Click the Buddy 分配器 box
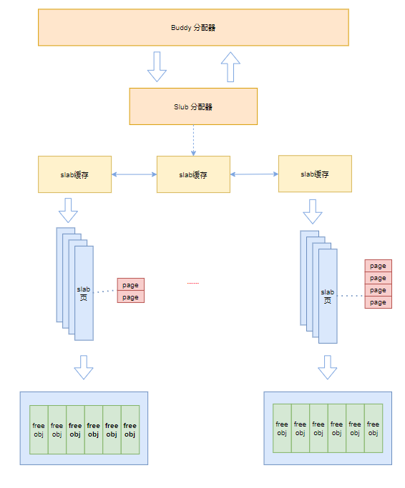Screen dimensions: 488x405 tap(193, 27)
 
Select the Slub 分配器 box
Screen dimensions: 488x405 tap(193, 106)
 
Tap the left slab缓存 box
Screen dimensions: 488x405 tap(74, 174)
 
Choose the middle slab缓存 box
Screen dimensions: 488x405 tap(193, 174)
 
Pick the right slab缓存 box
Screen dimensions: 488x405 tap(315, 174)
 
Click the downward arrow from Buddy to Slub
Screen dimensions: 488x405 tap(157, 66)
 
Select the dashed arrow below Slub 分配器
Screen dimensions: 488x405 tap(193, 140)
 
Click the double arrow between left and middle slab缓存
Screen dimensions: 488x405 tap(134, 174)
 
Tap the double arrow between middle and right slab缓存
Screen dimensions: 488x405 tap(254, 174)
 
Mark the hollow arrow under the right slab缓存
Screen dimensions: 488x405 tap(313, 211)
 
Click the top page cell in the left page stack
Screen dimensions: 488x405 tap(130, 284)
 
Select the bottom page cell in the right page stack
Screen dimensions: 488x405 tap(378, 302)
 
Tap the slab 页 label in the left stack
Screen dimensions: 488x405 tap(84, 293)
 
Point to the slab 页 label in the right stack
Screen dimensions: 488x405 tap(328, 296)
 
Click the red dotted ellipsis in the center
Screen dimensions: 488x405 tap(193, 284)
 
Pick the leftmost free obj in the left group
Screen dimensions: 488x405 tap(39, 429)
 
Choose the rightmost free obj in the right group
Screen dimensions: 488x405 tap(373, 428)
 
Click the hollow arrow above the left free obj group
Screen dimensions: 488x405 tap(84, 367)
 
